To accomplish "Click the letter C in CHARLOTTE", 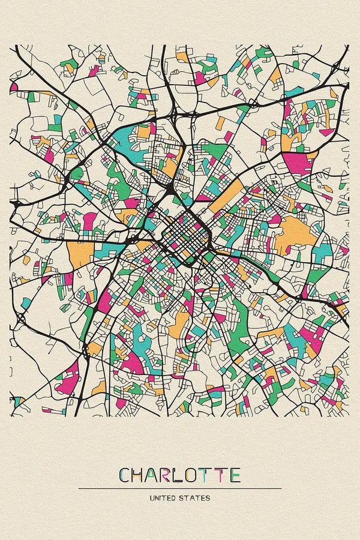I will [x=126, y=475].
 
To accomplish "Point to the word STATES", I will [x=197, y=498].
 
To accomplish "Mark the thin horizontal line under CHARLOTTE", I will [x=180, y=488].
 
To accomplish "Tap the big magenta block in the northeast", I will [x=298, y=162].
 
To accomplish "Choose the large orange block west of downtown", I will [x=80, y=253].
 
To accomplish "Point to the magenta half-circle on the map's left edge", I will [x=13, y=87].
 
